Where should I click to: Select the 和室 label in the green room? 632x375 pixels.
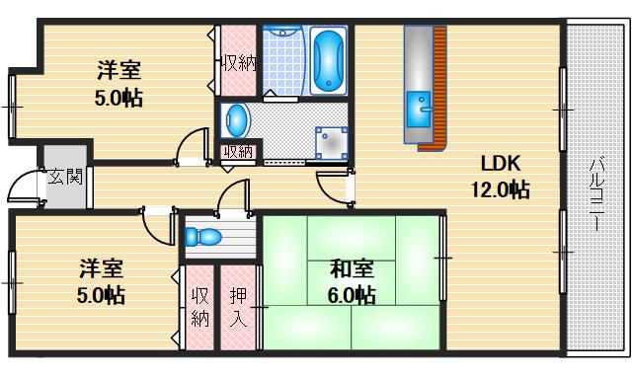[352, 268]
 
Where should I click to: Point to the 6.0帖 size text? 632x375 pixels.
[352, 295]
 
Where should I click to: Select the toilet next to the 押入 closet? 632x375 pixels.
[204, 238]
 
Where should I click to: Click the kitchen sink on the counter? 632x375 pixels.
[418, 106]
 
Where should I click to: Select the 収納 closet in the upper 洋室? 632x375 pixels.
[239, 63]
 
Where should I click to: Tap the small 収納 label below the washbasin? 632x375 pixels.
[237, 152]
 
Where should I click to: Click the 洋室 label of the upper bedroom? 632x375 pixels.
[118, 71]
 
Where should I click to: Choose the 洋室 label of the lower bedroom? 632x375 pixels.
[102, 268]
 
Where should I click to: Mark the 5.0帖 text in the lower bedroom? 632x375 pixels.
[102, 295]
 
